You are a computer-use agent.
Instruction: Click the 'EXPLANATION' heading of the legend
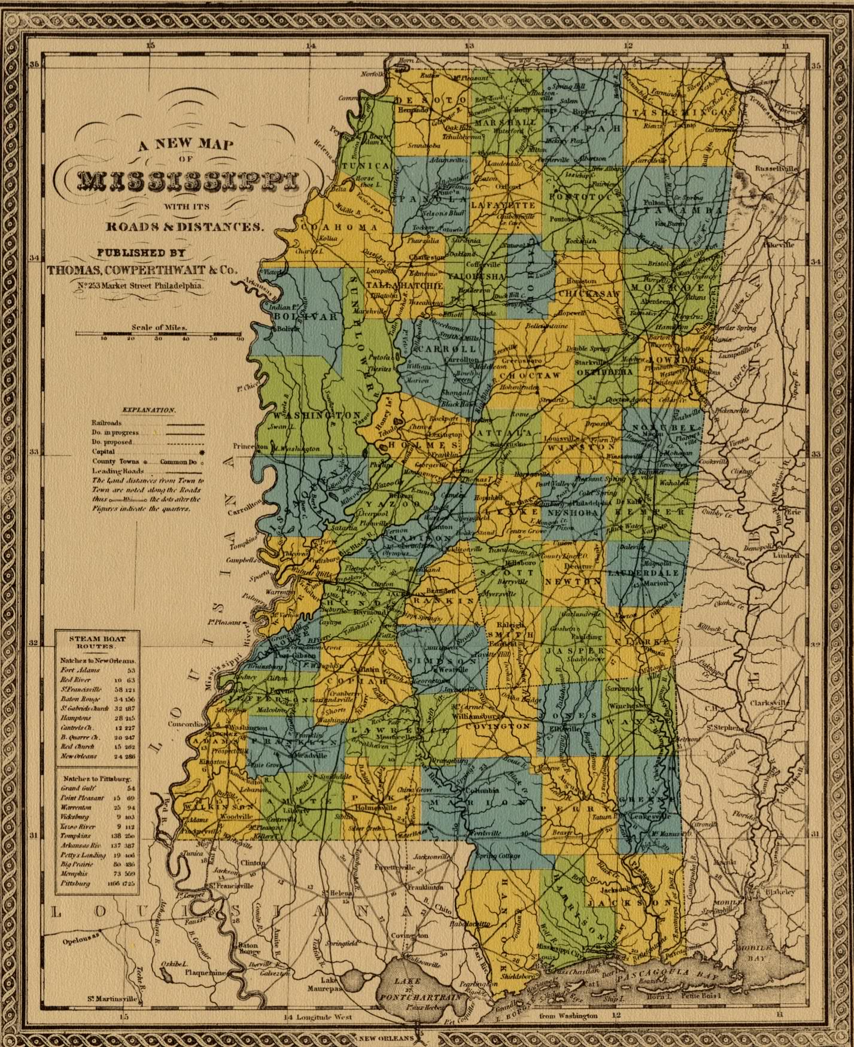point(148,410)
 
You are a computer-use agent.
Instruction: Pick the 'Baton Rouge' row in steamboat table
point(77,699)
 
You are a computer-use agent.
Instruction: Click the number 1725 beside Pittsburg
point(129,883)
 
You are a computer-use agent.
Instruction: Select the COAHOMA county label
point(339,227)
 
